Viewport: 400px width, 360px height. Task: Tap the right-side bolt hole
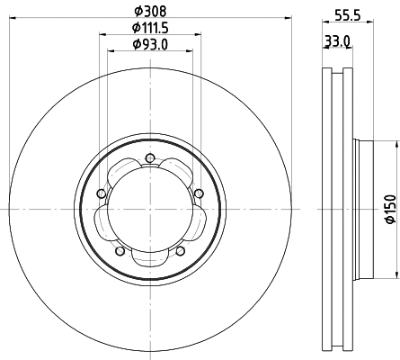(198, 192)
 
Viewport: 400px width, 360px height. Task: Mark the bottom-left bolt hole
(119, 251)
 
